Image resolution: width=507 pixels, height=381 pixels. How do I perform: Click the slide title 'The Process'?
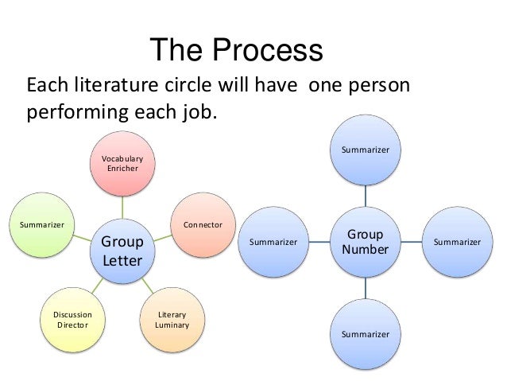click(x=236, y=51)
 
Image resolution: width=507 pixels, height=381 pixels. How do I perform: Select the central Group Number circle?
click(x=366, y=242)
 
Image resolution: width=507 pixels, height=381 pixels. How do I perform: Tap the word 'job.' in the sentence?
click(x=196, y=111)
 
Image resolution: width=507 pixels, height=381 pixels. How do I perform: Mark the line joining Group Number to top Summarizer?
click(x=366, y=195)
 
